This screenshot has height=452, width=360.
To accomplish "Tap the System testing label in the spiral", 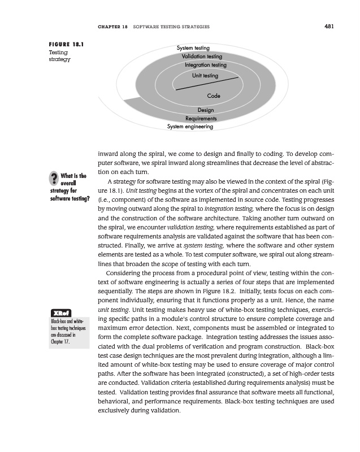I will tap(193, 49).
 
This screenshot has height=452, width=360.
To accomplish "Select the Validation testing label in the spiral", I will tap(202, 56).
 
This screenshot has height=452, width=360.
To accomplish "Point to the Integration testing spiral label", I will tap(205, 65).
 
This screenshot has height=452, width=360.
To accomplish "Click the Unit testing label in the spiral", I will tap(205, 75).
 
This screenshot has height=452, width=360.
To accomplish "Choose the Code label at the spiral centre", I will tap(214, 96).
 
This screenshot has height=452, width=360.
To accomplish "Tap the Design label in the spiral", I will tap(206, 110).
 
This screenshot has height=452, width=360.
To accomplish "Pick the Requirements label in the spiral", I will tap(201, 119).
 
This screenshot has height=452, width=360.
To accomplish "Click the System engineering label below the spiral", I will tap(190, 127).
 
